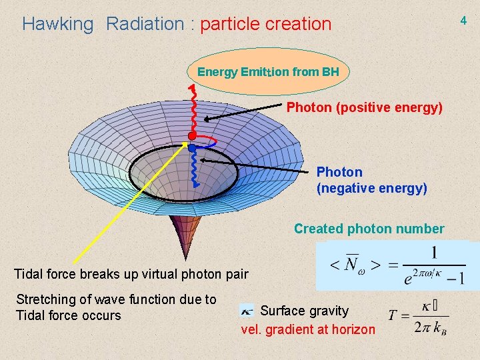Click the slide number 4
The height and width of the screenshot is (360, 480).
pyautogui.click(x=463, y=21)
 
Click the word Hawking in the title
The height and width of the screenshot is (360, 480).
pyautogui.click(x=58, y=24)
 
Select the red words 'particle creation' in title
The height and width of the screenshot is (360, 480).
pyautogui.click(x=265, y=24)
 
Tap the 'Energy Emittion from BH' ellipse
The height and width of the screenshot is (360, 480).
pyautogui.click(x=268, y=71)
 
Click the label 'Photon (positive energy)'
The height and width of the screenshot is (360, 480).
pyautogui.click(x=364, y=107)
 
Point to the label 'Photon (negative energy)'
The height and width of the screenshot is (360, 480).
pyautogui.click(x=371, y=180)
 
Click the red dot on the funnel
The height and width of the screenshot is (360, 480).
pyautogui.click(x=192, y=136)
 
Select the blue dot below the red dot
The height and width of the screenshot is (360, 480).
pyautogui.click(x=192, y=148)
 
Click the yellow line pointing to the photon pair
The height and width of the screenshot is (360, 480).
pyautogui.click(x=127, y=207)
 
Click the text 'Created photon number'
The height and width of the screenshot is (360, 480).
pyautogui.click(x=369, y=229)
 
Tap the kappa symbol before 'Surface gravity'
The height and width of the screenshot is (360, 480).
pyautogui.click(x=247, y=311)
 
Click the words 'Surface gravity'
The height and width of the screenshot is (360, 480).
pyautogui.click(x=304, y=311)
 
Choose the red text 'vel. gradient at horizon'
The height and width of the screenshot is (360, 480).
pyautogui.click(x=307, y=329)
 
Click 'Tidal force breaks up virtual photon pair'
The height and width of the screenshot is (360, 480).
pyautogui.click(x=131, y=273)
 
